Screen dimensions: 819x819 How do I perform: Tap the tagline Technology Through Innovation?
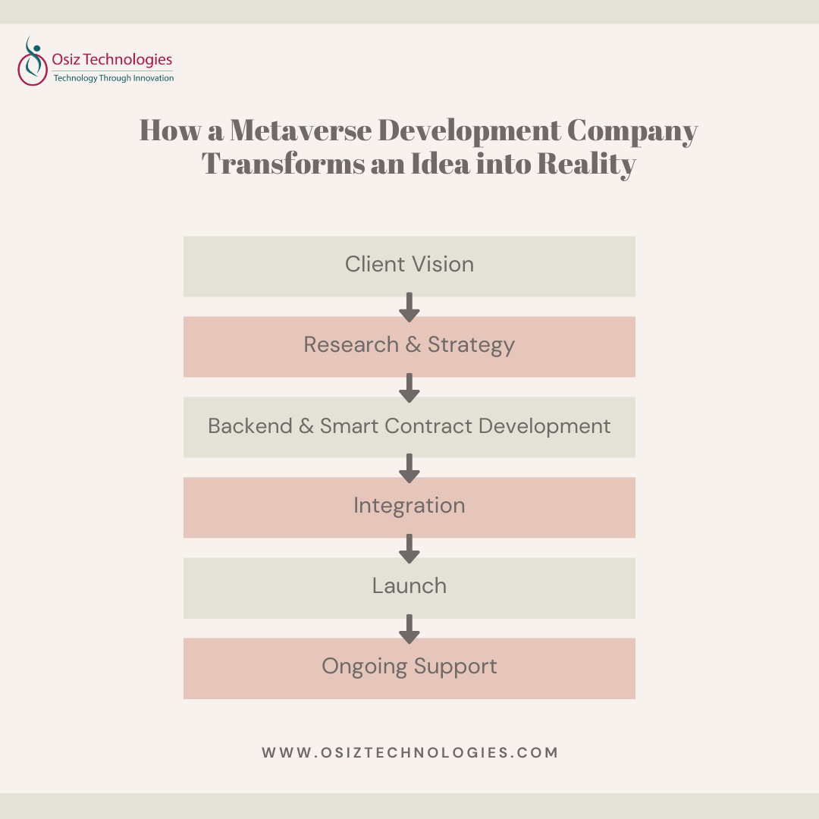pos(113,78)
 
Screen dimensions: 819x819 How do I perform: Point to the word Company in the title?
pos(632,131)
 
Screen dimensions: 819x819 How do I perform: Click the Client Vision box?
pos(409,265)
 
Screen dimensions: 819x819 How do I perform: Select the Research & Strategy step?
pos(409,346)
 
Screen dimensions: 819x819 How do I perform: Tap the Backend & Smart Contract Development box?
pos(409,426)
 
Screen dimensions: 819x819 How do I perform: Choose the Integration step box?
pos(409,507)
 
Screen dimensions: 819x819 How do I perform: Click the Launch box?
pos(409,587)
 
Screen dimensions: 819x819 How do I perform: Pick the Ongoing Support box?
pos(409,667)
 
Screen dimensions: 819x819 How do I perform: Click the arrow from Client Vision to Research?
pos(409,306)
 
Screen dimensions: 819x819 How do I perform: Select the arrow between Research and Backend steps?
pos(409,387)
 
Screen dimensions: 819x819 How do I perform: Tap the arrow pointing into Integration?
pos(409,467)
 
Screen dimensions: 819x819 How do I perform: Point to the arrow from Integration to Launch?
pos(409,548)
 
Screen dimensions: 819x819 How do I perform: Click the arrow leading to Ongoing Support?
pos(409,628)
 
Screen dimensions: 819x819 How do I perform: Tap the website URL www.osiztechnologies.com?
pos(409,753)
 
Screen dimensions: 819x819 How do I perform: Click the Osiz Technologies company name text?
pos(113,59)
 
